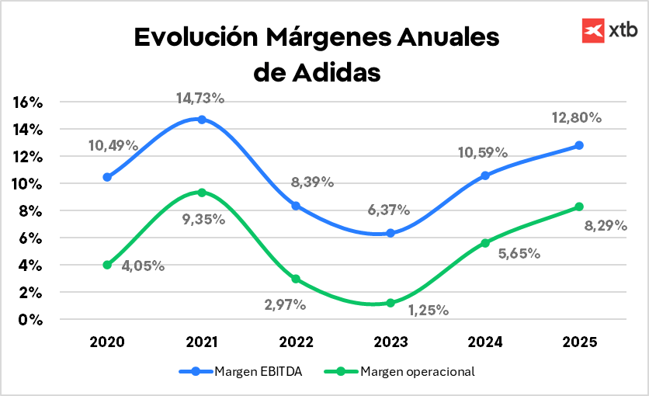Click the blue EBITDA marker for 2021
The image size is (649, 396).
202,120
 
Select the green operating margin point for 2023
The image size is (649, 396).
390,303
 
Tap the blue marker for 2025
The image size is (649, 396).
579,145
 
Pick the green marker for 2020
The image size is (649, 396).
107,265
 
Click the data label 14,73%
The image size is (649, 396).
200,99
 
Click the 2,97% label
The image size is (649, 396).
284,305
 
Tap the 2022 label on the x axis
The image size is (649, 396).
296,342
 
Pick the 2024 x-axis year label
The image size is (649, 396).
484,342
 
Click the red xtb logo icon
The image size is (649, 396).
593,30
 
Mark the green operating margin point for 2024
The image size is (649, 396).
485,243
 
